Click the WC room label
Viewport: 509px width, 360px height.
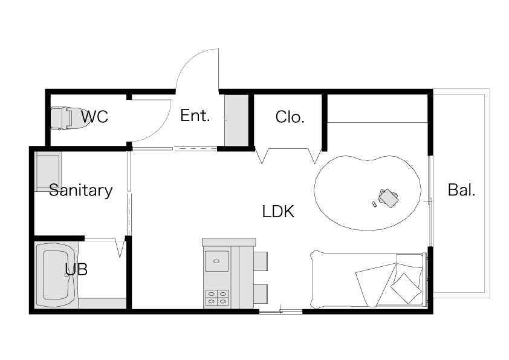(94, 117)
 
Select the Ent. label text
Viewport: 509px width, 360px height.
(195, 116)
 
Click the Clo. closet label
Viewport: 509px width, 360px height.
(290, 117)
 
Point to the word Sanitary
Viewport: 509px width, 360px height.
(81, 191)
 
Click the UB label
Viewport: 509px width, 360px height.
(76, 269)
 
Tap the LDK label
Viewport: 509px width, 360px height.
(278, 212)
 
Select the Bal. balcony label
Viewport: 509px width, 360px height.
(461, 190)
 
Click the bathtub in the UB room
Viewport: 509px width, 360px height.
(56, 275)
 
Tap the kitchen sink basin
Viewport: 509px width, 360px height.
(216, 261)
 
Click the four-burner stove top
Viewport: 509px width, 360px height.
(217, 298)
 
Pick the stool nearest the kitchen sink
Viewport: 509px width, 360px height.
(261, 261)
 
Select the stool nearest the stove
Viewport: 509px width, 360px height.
(261, 294)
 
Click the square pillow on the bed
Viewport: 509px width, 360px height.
(406, 288)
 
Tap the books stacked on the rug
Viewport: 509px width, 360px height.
(389, 198)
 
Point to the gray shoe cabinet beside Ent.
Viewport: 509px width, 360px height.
(236, 120)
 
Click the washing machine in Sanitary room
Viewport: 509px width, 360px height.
(49, 171)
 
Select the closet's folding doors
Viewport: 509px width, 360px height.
(288, 155)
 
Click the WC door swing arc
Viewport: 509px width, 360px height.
(159, 130)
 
